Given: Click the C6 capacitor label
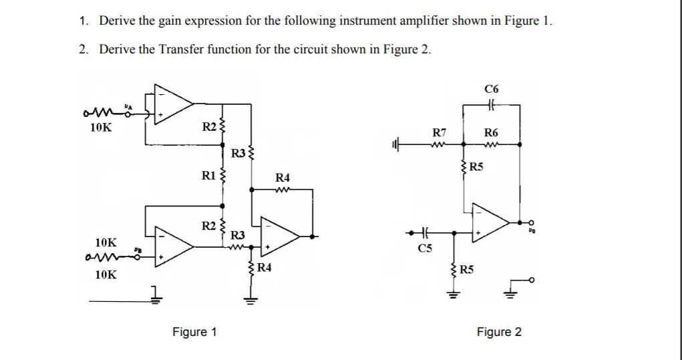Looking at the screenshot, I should (491, 88).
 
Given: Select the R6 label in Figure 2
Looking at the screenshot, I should (491, 132).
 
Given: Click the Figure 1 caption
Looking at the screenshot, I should (194, 332).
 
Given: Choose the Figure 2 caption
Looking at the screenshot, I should (499, 332).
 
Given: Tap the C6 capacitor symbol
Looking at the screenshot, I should (491, 104).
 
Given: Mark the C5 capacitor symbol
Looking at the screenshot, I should (424, 233).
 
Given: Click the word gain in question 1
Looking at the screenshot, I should (170, 20).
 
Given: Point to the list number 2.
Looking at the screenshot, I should (82, 49).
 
